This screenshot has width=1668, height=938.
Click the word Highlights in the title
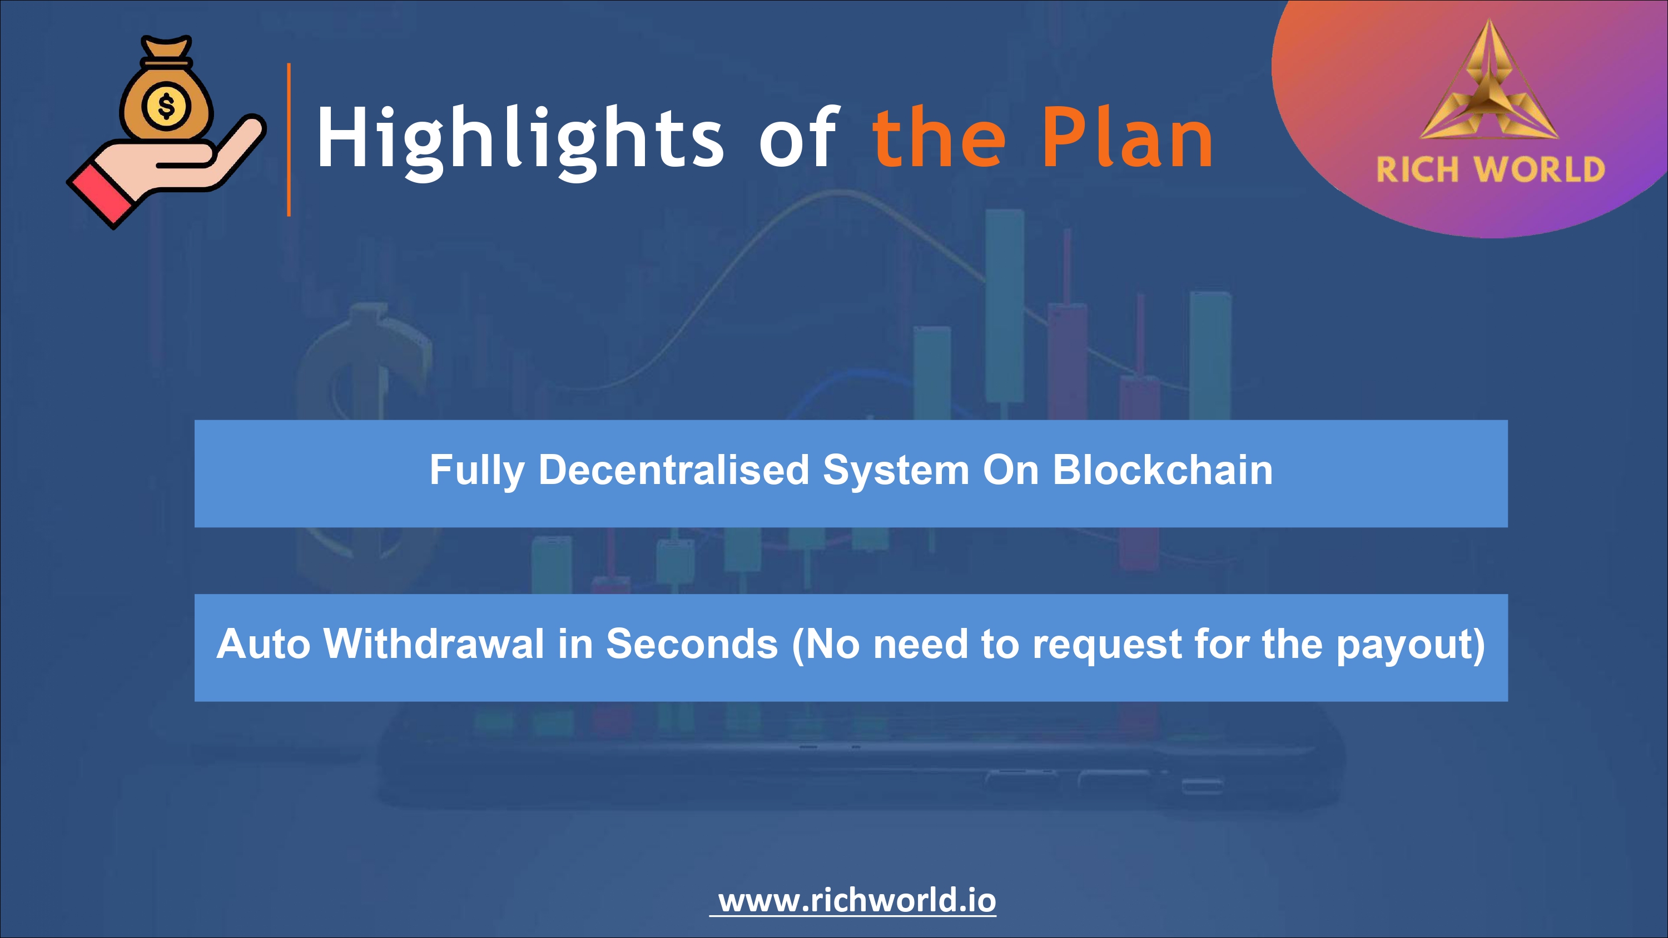[520, 142]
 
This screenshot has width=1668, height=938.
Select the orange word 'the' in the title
[939, 137]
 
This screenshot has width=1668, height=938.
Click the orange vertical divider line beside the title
[289, 139]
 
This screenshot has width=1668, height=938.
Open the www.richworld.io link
[857, 900]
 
